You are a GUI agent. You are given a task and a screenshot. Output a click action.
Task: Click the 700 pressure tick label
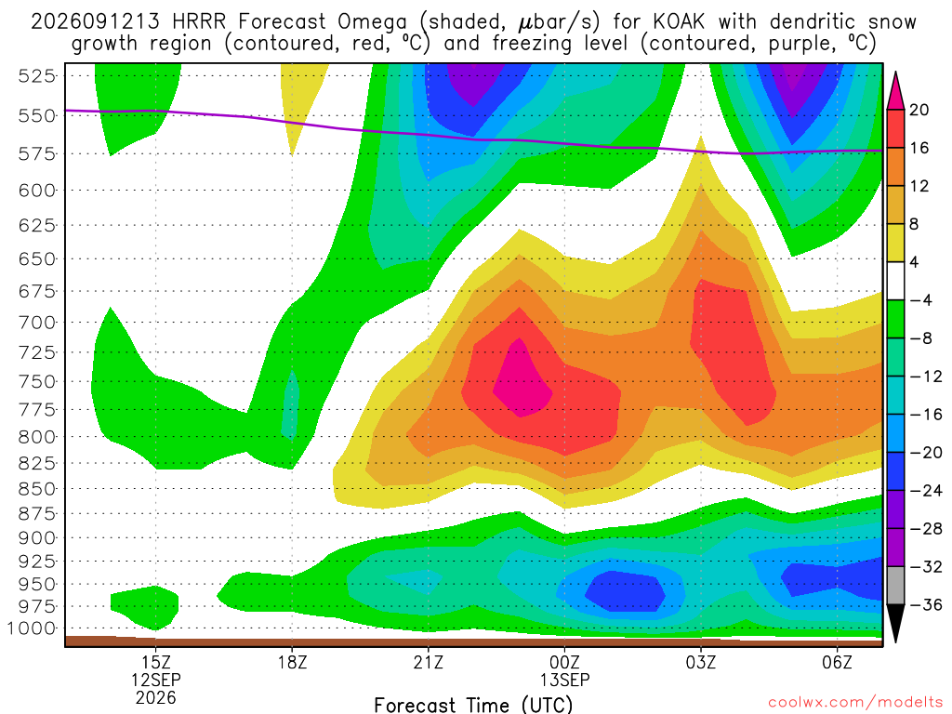pos(36,322)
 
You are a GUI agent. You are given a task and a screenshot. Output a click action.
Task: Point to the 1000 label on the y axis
pos(32,628)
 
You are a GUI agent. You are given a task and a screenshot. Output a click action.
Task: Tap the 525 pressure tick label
pos(36,76)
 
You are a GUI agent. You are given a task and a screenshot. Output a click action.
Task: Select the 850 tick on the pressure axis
pos(36,489)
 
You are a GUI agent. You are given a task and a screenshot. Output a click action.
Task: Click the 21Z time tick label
pos(428,662)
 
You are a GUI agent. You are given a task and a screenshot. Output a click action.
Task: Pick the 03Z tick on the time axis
pos(701,662)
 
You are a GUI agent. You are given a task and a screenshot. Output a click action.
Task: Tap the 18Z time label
pos(292,662)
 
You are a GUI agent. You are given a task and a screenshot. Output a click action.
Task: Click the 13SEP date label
pos(564,680)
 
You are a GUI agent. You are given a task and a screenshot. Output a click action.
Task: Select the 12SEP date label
pos(156,680)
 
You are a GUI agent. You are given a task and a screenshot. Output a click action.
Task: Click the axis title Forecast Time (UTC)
pos(473,705)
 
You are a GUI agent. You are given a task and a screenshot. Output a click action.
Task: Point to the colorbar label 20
pos(919,110)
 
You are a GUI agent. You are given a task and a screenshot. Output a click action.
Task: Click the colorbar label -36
pos(926,604)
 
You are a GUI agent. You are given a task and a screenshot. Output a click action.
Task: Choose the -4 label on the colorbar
pos(920,300)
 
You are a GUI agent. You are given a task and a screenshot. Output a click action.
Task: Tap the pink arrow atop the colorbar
pos(895,91)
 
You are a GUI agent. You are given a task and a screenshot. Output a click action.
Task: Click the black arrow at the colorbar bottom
pos(895,623)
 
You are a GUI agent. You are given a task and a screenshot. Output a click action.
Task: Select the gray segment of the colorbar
pos(895,586)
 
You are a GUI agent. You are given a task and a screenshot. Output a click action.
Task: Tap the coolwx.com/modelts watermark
pos(855,703)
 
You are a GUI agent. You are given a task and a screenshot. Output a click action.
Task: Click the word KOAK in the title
pos(679,22)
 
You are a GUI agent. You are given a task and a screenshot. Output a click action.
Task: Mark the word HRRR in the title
pos(199,22)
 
